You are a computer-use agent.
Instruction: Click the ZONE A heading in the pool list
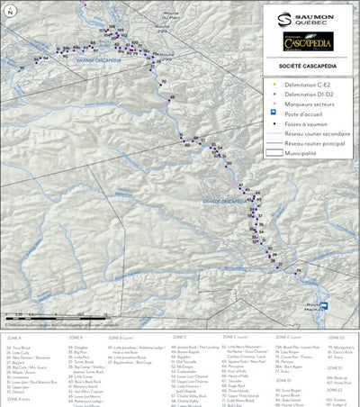[13, 337]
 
